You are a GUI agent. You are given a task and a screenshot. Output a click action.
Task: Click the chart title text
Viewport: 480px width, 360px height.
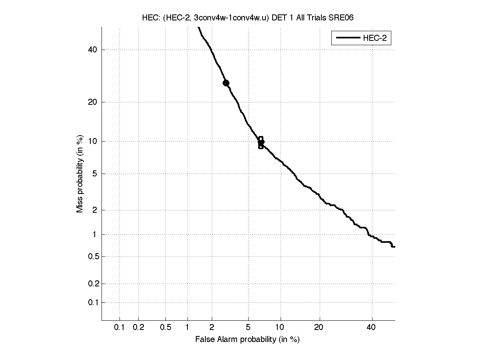click(247, 18)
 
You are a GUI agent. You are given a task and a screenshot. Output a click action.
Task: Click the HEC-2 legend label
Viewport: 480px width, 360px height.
click(374, 38)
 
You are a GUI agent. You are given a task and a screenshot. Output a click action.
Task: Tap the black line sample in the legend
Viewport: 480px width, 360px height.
click(347, 38)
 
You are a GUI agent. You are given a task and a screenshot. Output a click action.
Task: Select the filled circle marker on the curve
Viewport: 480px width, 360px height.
click(226, 83)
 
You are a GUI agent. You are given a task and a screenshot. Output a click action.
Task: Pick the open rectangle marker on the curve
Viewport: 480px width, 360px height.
click(261, 142)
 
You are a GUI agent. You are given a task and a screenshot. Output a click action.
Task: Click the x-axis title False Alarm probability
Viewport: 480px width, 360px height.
click(247, 340)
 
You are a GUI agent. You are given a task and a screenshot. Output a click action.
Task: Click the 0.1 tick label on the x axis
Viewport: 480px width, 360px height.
click(120, 328)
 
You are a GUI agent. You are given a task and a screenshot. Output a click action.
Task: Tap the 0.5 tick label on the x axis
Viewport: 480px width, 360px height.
click(166, 328)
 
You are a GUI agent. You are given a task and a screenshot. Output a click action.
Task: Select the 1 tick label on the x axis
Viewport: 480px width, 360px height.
click(187, 328)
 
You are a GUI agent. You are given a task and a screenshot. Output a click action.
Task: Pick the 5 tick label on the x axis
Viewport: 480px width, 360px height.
click(248, 328)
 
